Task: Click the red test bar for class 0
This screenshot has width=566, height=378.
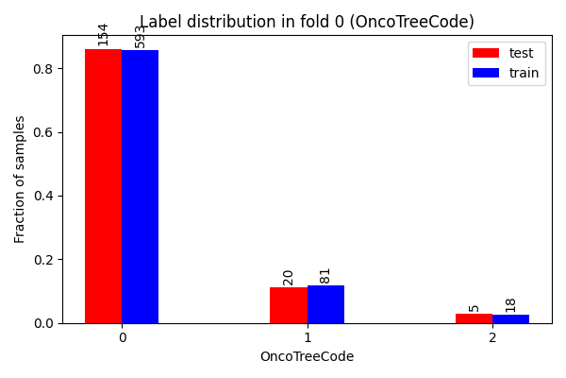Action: (x=103, y=186)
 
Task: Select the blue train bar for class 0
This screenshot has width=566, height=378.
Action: (x=140, y=187)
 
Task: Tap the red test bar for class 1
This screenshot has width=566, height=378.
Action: (x=289, y=305)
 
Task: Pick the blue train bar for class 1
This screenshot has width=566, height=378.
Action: (x=326, y=304)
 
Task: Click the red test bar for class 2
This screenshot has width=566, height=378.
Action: (x=474, y=318)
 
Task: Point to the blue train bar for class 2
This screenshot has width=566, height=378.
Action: (x=510, y=319)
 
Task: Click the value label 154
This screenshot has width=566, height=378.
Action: (x=103, y=35)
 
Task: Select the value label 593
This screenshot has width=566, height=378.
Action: (x=140, y=37)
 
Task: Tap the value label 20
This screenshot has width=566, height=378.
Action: (x=288, y=278)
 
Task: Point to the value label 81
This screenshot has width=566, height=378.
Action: (x=325, y=276)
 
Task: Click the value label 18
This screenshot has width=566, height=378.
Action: (x=510, y=305)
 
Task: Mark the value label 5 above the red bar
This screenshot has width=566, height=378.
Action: (x=474, y=309)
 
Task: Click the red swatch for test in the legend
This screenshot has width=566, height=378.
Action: (x=486, y=53)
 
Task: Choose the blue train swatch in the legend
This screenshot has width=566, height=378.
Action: (x=486, y=73)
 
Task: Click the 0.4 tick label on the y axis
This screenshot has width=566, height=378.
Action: (x=43, y=196)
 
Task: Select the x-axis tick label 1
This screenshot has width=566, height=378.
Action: (x=308, y=338)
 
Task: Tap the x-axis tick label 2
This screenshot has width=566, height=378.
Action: (x=492, y=338)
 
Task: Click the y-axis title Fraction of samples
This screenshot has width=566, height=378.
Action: (x=19, y=180)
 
